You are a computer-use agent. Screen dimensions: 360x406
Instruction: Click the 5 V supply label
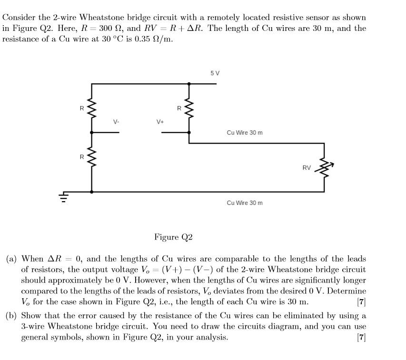coord(215,73)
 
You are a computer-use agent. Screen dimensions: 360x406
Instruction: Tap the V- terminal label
coord(116,122)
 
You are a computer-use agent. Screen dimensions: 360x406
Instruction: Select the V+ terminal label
coord(160,122)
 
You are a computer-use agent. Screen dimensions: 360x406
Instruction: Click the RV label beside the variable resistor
coord(307,167)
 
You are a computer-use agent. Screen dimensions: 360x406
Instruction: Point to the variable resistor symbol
coord(325,167)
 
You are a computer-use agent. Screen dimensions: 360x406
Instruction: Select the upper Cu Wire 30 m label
coord(245,132)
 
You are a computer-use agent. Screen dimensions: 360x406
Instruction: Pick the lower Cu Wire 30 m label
coord(245,203)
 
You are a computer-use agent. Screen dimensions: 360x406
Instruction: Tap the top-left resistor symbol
coord(92,109)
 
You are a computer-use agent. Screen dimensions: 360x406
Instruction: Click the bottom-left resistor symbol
coord(92,156)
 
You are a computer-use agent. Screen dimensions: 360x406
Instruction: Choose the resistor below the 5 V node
coord(189,109)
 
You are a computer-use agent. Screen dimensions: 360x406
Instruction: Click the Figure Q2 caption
coord(173,237)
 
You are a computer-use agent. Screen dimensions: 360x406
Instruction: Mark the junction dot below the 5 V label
coord(189,84)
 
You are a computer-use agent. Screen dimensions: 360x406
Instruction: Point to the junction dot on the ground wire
coord(92,192)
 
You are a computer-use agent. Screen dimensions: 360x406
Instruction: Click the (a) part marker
coord(11,259)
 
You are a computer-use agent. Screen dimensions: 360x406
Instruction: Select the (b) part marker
coord(11,316)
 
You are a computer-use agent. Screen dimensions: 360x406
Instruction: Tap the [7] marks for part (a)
coord(361,302)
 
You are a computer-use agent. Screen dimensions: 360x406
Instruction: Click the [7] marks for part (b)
coord(361,337)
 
